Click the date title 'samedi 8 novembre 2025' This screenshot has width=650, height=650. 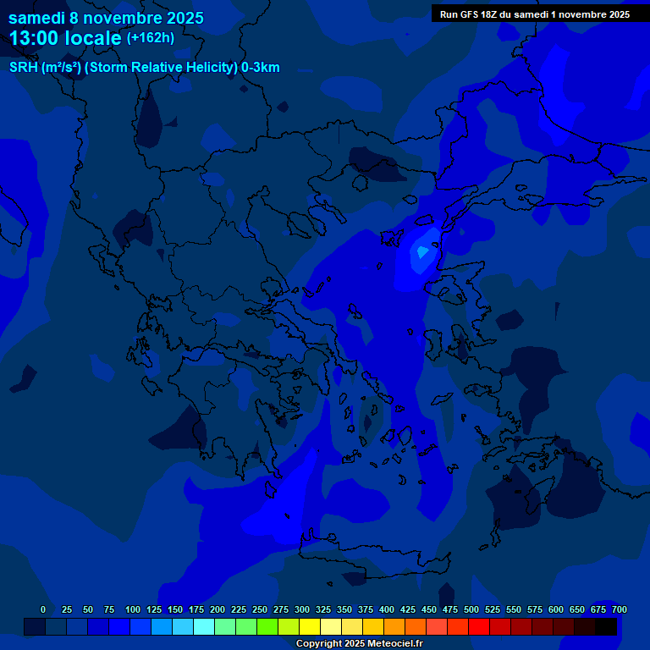pos(106,17)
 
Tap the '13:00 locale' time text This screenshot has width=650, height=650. pos(66,38)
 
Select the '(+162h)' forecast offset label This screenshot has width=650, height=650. pos(150,37)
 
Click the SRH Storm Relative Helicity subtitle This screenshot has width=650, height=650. pos(144,68)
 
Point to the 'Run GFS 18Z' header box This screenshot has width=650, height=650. pos(534,14)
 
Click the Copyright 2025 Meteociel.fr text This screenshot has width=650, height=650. pos(359,643)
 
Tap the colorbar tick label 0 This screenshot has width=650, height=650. pos(43,609)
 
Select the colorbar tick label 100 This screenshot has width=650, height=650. pos(133,609)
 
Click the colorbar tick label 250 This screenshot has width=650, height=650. pos(260,609)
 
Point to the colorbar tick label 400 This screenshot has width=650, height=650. pos(387,609)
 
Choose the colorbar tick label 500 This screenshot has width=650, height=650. pos(471,609)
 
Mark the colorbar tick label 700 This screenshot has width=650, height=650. pos(619,609)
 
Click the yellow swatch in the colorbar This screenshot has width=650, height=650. pos(310,626)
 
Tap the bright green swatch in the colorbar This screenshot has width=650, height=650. pos(267,626)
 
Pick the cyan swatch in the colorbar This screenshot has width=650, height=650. pos(204,626)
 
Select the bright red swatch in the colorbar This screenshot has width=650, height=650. pos(479,626)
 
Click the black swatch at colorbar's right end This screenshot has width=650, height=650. pos(606,626)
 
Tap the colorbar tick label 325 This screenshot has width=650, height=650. pos(323,609)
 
